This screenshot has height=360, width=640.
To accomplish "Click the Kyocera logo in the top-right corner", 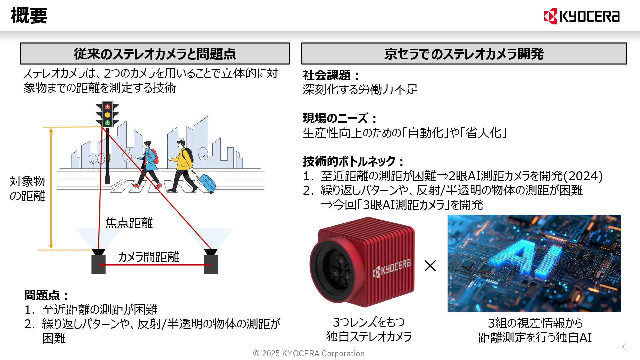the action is (582, 16).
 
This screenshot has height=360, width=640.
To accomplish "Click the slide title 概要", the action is (29, 16).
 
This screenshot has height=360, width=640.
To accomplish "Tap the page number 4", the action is (624, 347).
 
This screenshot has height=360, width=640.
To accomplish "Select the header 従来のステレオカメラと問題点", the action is (155, 54).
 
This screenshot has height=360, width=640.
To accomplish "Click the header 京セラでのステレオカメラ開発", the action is (464, 54).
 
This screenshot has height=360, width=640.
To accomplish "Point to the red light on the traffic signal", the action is (107, 107).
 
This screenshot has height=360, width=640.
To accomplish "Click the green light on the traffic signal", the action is (107, 123).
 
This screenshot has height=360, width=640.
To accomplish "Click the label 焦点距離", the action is (129, 223).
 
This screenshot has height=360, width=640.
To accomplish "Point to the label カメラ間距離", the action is (149, 257).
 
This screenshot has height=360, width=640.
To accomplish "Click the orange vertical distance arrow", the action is (51, 188).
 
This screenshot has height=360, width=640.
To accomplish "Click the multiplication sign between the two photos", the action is (430, 266).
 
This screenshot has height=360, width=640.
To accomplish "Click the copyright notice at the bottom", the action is (309, 353).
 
